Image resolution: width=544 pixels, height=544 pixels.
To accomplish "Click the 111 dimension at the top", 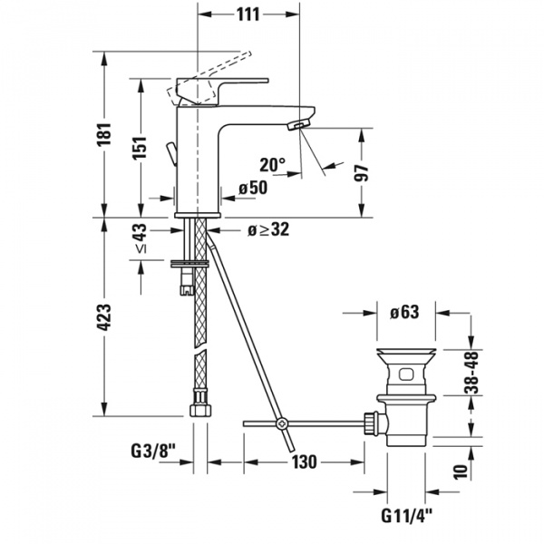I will click(247, 15).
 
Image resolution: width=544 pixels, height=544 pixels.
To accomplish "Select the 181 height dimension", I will click(105, 133).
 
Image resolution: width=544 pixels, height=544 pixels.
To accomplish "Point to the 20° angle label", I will click(271, 165).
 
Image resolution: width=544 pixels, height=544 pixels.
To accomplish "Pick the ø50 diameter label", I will click(253, 188).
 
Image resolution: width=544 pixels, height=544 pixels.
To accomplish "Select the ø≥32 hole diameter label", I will click(267, 230).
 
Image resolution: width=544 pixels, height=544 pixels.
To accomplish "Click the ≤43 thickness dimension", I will click(141, 240).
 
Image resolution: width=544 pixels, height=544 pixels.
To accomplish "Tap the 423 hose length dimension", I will click(105, 318).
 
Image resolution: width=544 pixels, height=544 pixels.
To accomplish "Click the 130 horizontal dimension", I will click(304, 462).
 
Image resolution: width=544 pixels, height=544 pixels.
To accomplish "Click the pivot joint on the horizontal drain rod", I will click(282, 423).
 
